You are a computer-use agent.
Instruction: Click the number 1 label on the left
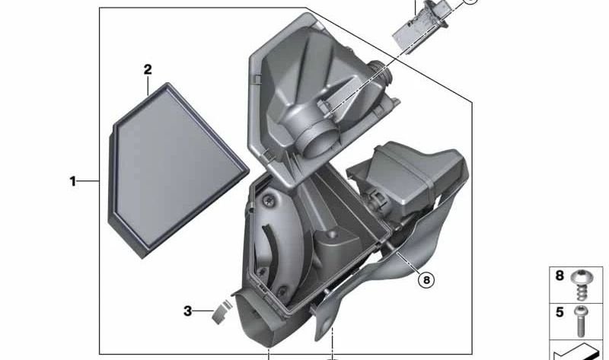click(x=73, y=182)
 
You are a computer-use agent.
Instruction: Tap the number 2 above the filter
click(x=148, y=70)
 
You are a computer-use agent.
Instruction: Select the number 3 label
click(x=187, y=311)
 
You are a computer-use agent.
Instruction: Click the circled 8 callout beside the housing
click(x=426, y=280)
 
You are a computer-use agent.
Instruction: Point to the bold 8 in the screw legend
click(x=560, y=276)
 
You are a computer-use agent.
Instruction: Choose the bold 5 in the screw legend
click(x=560, y=311)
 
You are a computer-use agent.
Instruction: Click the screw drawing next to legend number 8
click(x=584, y=284)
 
